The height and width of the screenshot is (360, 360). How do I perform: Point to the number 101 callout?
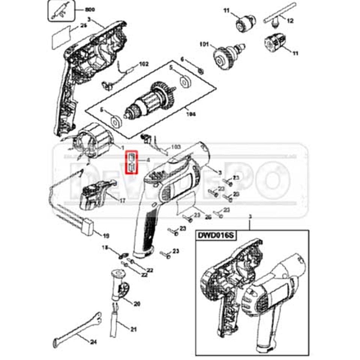(x=204, y=45)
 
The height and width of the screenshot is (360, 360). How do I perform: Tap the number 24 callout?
(x=93, y=342)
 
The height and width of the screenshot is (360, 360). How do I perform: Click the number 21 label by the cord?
(x=133, y=330)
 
